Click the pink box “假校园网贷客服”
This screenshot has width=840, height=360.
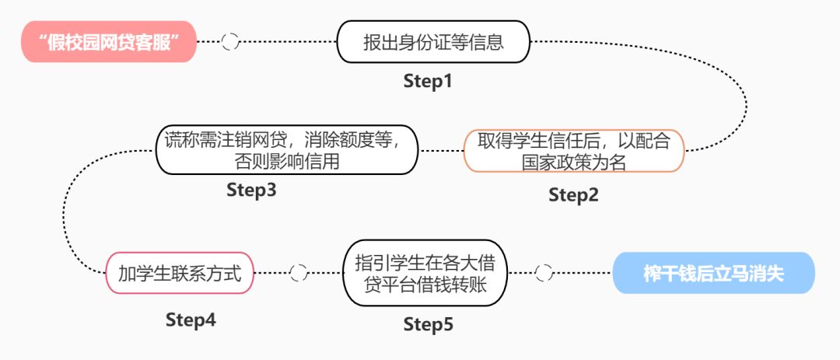tap(108, 42)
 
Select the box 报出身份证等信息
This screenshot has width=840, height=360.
tap(433, 42)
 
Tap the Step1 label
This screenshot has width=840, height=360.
tap(427, 81)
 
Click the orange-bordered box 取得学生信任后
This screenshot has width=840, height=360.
tap(574, 151)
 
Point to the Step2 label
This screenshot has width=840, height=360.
tap(573, 195)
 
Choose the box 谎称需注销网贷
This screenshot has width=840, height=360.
tap(287, 151)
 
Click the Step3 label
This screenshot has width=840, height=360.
tap(251, 190)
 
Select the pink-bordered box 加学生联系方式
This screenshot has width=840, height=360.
tap(180, 273)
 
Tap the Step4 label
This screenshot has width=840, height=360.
tap(191, 319)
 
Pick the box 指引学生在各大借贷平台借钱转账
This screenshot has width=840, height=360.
tap(425, 273)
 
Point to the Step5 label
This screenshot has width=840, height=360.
tap(428, 324)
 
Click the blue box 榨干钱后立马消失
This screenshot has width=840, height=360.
tap(713, 273)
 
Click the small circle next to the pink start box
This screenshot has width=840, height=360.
tap(229, 42)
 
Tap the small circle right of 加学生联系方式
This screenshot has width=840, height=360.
tap(298, 273)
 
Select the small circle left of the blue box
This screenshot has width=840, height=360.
tap(544, 273)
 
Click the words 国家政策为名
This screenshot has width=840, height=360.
tap(575, 163)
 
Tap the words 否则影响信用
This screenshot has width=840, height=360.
tap(287, 163)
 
